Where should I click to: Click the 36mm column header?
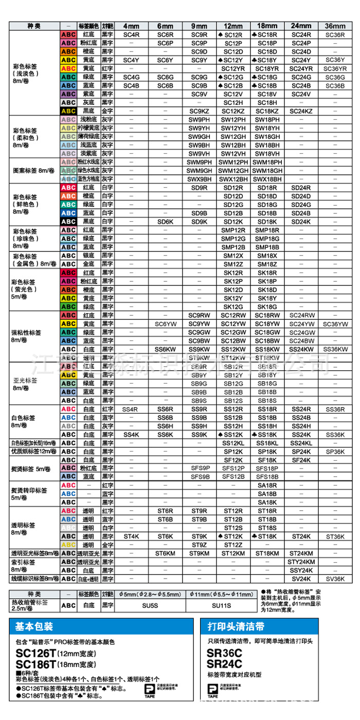(x=335, y=26)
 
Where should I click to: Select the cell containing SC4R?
(x=131, y=34)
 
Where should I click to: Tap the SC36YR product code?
(x=335, y=68)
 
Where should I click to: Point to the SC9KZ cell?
(x=200, y=111)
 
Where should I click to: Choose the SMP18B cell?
(x=267, y=247)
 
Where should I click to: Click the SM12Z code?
(x=233, y=264)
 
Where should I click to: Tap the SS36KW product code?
(x=335, y=349)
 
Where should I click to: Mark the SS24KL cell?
(x=301, y=443)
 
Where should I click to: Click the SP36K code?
(x=335, y=451)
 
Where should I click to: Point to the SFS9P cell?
(x=200, y=468)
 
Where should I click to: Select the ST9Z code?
(x=200, y=545)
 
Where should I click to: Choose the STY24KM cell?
(x=301, y=562)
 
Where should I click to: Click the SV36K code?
(x=335, y=579)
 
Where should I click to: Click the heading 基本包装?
(x=34, y=627)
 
